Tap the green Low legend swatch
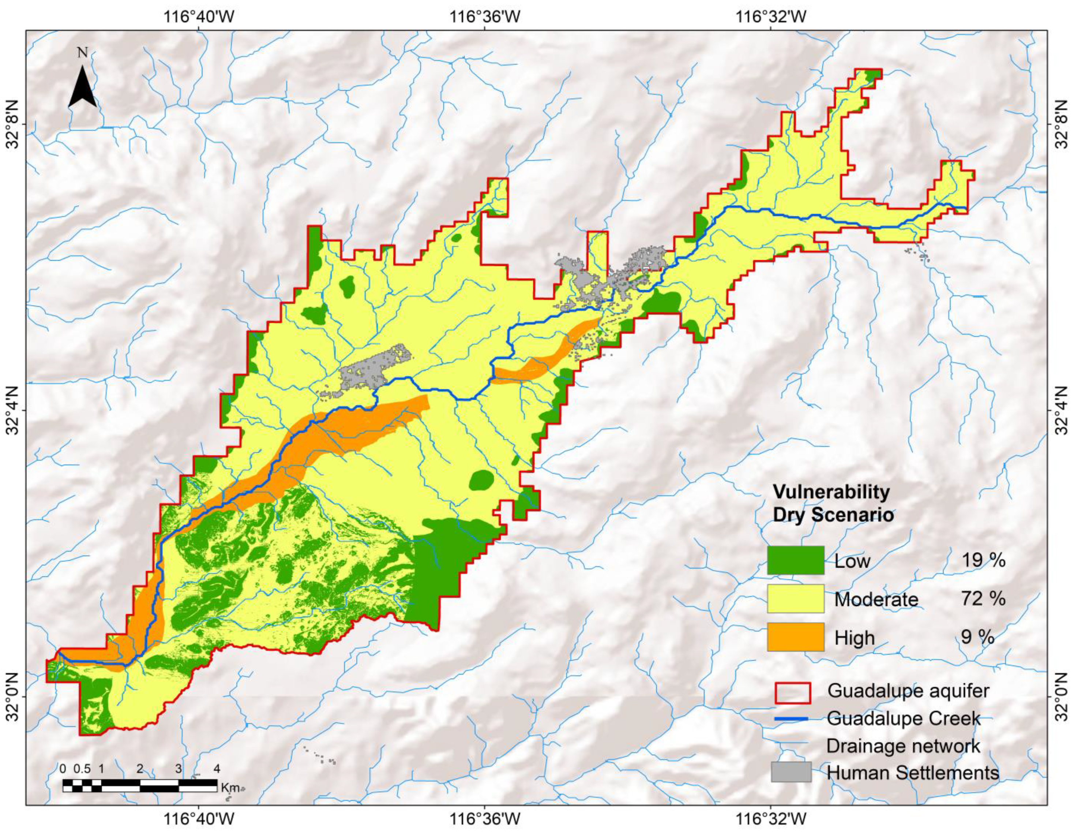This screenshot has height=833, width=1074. [795, 560]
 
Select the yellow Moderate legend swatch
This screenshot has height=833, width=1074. [795, 598]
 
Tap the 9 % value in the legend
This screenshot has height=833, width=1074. [978, 637]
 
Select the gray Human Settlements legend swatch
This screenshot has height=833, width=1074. [791, 772]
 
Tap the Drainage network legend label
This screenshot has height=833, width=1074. [903, 746]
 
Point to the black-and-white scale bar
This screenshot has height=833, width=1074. [140, 786]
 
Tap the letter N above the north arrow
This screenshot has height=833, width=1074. [82, 52]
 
